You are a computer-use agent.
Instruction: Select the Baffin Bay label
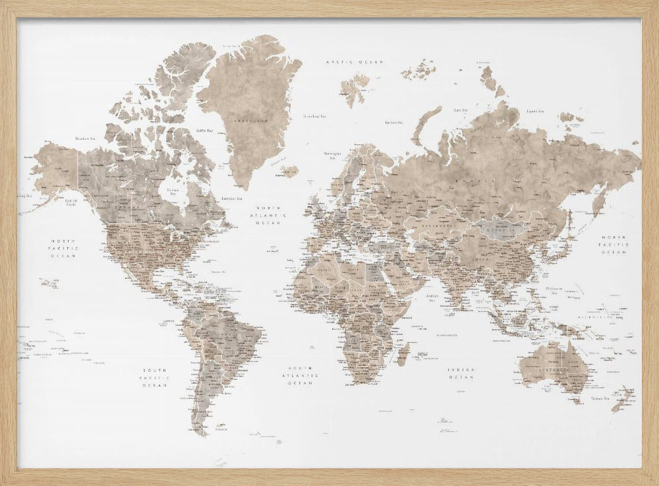[204, 131]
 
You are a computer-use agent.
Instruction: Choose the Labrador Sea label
[231, 198]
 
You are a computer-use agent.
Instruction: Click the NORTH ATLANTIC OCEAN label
[268, 215]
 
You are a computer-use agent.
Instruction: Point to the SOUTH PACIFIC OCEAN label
[156, 377]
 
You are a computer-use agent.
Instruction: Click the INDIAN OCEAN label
[461, 373]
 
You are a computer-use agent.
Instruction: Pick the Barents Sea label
[394, 122]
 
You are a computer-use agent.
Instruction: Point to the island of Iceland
[289, 171]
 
